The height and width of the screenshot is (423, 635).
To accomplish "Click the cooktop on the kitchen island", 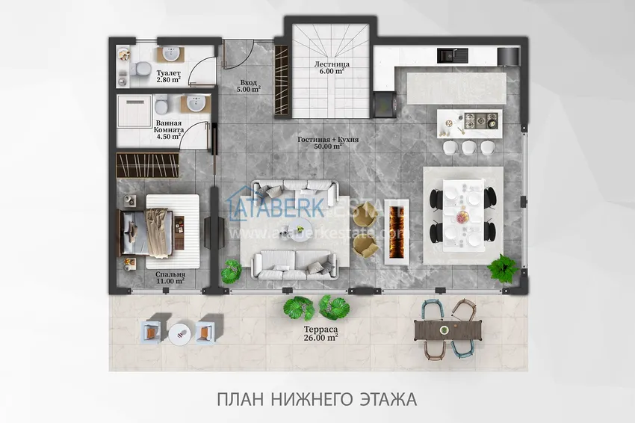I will [x=477, y=120].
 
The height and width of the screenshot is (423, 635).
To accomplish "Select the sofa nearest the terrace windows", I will [x=294, y=262].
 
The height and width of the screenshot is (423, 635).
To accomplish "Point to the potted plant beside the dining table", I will [x=504, y=265].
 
